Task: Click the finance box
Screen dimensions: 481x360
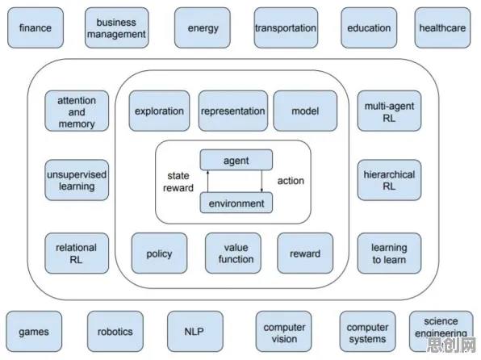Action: [x=36, y=28]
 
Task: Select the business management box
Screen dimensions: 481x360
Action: [x=116, y=28]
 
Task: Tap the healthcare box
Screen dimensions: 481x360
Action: [x=442, y=28]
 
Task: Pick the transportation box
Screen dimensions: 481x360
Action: [x=286, y=28]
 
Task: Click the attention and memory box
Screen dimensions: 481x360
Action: [x=77, y=111]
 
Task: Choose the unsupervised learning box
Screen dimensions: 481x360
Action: [x=77, y=180]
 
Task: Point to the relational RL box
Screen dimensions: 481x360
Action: [x=77, y=253]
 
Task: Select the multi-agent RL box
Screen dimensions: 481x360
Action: [x=389, y=111]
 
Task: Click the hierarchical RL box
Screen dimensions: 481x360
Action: [x=389, y=180]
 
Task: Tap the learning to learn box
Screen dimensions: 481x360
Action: [x=389, y=253]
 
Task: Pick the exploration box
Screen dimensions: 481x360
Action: [x=159, y=111]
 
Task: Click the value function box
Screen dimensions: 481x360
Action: [x=233, y=253]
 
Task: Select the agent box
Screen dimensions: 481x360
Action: [x=236, y=160]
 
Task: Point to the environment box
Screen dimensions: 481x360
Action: [x=236, y=203]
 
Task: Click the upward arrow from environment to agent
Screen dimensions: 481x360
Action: [x=207, y=182]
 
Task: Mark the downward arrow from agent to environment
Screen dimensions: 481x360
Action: [x=261, y=182]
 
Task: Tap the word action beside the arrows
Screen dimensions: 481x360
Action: [x=291, y=181]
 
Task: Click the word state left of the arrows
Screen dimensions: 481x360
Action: [x=178, y=176]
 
